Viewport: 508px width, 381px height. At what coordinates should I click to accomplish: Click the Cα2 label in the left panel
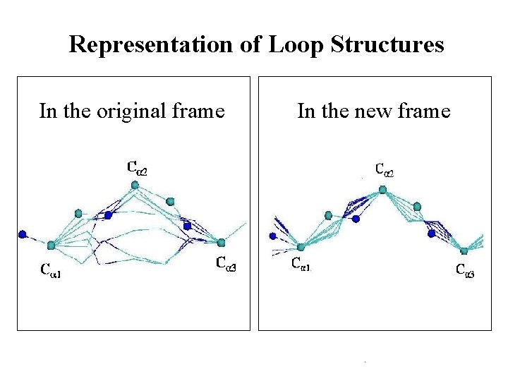138,167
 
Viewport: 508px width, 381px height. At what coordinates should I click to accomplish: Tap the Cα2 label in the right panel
384,170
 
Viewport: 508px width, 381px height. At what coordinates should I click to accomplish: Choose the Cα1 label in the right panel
301,265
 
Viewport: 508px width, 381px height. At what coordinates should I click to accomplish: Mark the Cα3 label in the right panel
465,270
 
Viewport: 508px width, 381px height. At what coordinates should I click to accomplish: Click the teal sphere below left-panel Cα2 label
135,185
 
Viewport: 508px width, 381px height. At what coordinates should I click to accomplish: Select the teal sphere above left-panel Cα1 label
51,246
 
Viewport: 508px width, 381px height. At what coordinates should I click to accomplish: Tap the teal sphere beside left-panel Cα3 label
221,243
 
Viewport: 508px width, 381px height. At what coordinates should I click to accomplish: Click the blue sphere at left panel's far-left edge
23,234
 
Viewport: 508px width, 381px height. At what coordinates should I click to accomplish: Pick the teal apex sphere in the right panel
382,189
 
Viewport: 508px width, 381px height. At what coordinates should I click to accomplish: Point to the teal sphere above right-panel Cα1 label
301,247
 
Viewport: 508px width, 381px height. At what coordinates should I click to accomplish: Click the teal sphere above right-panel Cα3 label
464,251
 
